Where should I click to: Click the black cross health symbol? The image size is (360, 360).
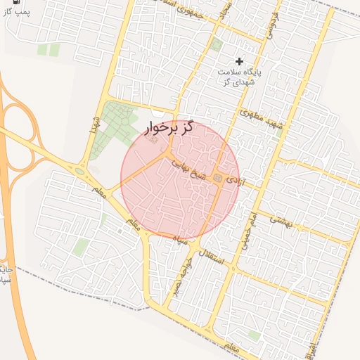[x=240, y=63]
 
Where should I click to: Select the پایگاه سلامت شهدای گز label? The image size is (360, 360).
[x=239, y=77]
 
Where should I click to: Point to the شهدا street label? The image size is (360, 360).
[x=94, y=127]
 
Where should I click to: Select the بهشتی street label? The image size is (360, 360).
[x=279, y=219]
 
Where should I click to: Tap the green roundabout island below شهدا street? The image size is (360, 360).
[x=79, y=170]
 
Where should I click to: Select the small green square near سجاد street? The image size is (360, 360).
[x=217, y=45]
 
